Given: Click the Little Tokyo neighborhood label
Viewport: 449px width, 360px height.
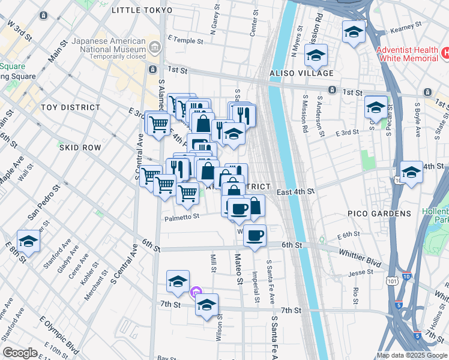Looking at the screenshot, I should click(x=142, y=10).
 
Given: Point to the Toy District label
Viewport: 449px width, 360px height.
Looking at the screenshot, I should click(x=70, y=107).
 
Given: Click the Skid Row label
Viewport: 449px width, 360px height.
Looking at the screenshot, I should click(x=80, y=147).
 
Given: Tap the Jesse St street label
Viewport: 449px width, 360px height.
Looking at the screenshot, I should click(x=360, y=272).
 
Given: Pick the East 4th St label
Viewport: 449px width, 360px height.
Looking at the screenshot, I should click(x=295, y=191).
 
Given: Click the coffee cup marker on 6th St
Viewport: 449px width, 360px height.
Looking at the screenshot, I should click(x=255, y=236).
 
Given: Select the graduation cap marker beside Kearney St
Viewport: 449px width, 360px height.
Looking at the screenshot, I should click(x=354, y=32).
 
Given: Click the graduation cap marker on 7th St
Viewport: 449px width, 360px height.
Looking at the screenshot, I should click(x=207, y=305).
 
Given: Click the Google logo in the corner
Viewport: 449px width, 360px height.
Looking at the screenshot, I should click(x=20, y=353).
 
